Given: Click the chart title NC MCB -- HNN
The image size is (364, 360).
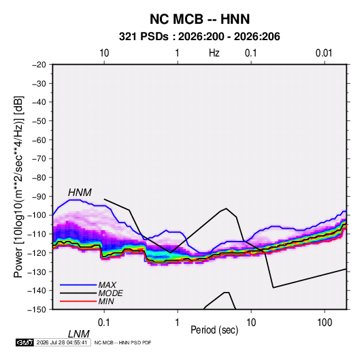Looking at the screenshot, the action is (199, 19).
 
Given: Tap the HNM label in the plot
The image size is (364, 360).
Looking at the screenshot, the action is (80, 193).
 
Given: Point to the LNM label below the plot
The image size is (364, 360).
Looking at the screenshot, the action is (78, 334).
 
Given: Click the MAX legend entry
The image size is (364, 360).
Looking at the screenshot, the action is (107, 285).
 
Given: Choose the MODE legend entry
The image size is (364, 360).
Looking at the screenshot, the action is (110, 293).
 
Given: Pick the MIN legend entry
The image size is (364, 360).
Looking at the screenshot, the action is (106, 301).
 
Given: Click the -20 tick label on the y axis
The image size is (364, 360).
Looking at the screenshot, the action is (39, 65).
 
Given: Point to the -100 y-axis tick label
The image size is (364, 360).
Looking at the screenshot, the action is (37, 215).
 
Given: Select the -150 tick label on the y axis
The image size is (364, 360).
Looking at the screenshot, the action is (37, 310).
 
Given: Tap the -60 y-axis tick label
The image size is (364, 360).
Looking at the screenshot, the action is (39, 140).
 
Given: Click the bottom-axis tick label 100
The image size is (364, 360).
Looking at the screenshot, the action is (325, 323).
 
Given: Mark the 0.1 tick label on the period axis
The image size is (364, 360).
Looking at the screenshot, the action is (103, 323).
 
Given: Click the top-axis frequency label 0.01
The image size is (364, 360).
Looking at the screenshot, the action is (324, 53).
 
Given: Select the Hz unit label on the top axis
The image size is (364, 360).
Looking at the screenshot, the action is (214, 53).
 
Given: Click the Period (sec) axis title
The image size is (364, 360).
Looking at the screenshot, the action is (214, 330).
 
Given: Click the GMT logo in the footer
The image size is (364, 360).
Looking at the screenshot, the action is (25, 342).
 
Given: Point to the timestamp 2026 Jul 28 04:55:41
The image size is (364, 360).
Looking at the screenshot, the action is (62, 342).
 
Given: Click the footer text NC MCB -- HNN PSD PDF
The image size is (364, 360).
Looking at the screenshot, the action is (122, 342).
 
